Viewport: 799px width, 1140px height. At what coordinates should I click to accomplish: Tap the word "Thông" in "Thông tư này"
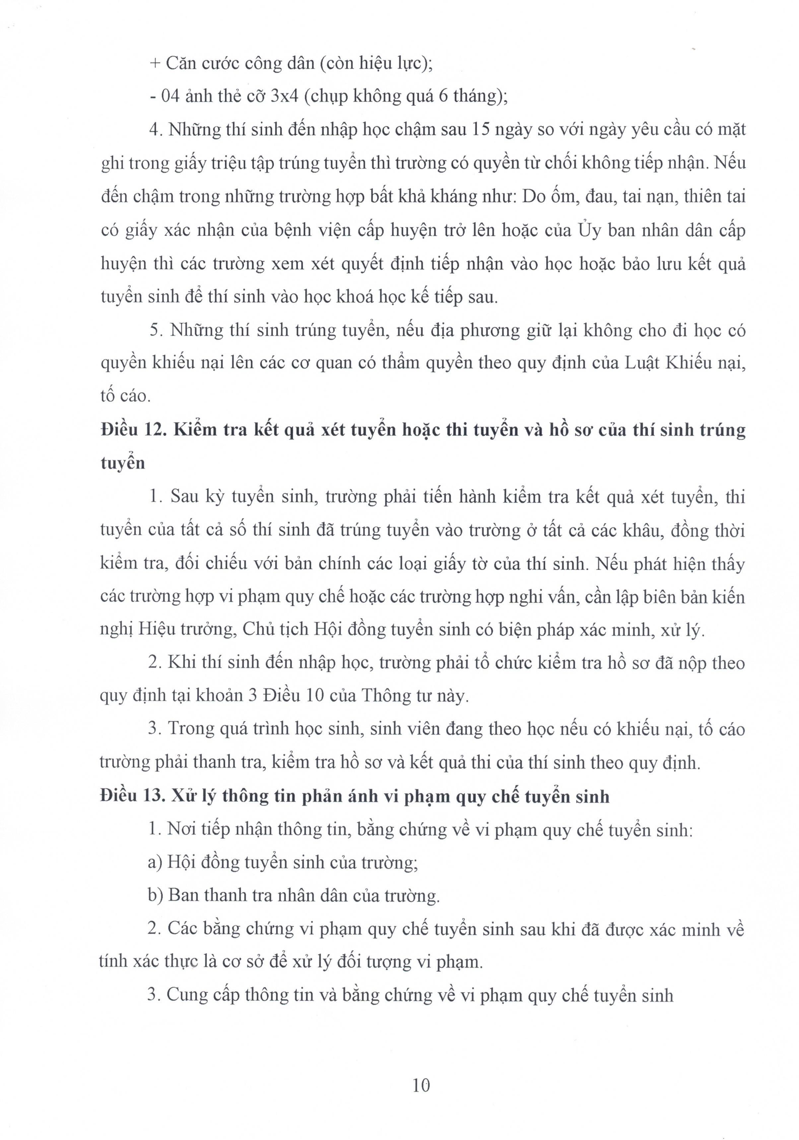point(388,696)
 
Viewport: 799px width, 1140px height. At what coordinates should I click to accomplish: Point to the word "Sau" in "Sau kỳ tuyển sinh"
point(185,497)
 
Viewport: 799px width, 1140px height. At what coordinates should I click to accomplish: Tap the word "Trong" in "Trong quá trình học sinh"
point(192,729)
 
